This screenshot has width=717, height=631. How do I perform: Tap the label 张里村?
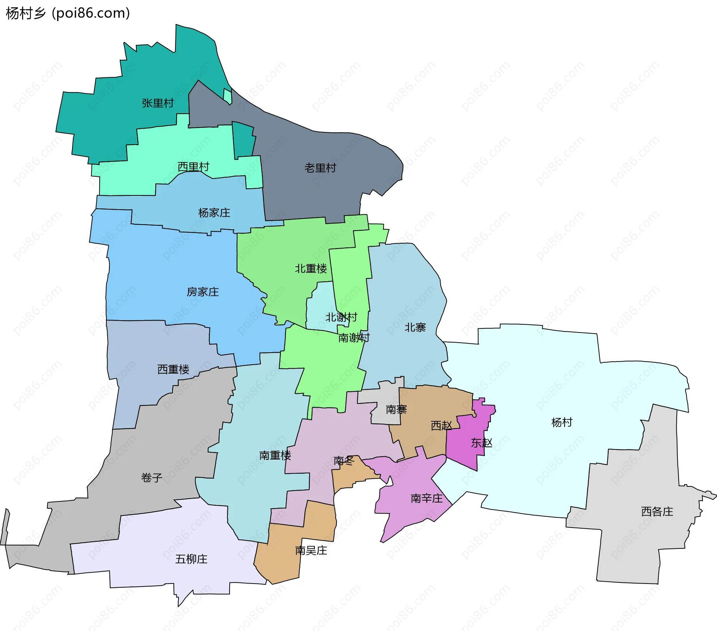158,103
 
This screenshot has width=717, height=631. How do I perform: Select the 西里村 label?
193,167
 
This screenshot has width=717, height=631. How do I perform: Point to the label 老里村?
320,168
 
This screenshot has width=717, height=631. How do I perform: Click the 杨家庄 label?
214,213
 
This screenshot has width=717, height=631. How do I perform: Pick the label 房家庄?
203,292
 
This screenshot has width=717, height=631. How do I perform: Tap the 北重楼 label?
311,269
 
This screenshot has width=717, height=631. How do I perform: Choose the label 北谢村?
341,317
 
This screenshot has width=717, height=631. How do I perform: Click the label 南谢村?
354,338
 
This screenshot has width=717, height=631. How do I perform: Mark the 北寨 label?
415,328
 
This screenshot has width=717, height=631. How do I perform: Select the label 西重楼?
173,369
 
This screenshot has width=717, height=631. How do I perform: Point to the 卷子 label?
152,477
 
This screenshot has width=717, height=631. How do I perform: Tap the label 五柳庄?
191,559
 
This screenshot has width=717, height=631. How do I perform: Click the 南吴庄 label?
311,550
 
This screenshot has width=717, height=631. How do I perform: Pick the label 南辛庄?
426,498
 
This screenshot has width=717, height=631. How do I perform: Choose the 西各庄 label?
657,511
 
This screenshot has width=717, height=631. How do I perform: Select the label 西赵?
441,426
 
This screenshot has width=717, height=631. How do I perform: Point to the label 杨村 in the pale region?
562,423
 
